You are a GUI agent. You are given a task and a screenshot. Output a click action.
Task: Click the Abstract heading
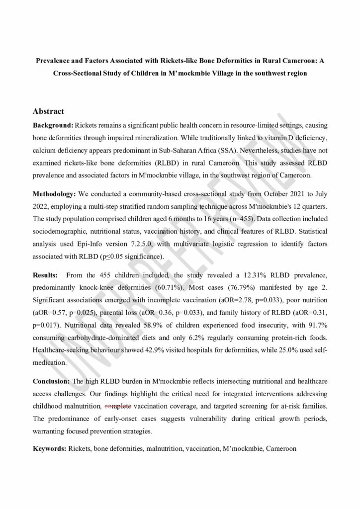click(x=48, y=111)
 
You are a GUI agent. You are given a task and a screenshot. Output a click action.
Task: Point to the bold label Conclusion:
click(x=52, y=381)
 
